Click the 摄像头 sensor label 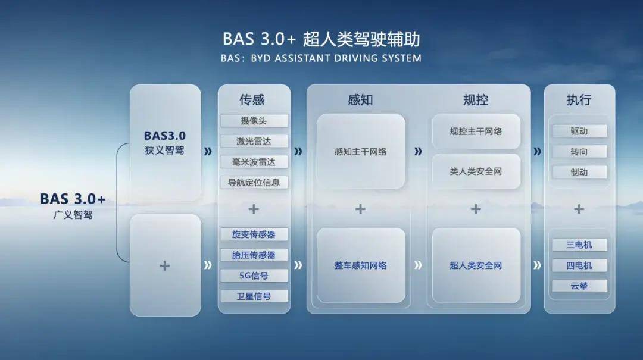tap(254, 121)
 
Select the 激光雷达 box tap(254, 142)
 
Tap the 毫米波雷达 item tap(254, 162)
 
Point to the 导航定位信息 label tap(254, 182)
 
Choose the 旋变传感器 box tap(254, 234)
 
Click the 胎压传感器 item tap(254, 255)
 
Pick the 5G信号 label tap(254, 276)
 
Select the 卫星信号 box tap(254, 296)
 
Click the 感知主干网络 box tap(361, 152)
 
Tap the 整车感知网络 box tap(361, 265)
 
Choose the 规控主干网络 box tap(476, 131)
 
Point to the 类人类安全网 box tap(476, 171)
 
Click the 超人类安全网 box tap(476, 265)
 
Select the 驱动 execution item tap(579, 131)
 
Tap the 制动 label tap(579, 172)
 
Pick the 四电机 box tap(579, 265)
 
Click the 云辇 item tap(579, 286)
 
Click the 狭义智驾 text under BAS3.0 tap(164, 151)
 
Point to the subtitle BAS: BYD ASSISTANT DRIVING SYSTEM tap(321, 58)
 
